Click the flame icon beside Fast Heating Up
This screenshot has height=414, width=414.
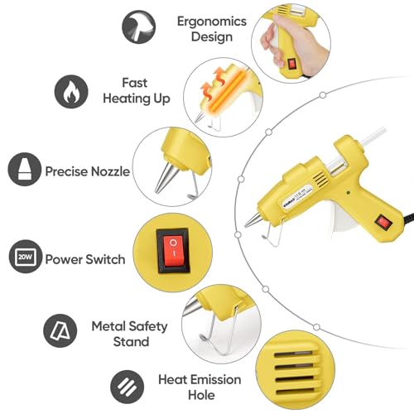click(x=71, y=91)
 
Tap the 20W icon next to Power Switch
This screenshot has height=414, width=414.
click(x=26, y=257)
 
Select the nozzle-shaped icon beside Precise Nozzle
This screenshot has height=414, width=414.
click(x=25, y=169)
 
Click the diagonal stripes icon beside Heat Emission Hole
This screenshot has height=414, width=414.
click(x=127, y=387)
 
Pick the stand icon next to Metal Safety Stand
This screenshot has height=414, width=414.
click(x=60, y=330)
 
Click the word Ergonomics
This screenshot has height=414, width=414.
click(x=212, y=22)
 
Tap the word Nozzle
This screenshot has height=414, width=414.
click(x=110, y=171)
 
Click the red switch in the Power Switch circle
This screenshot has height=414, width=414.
click(x=173, y=251)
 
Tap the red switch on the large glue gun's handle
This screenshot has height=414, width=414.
click(x=383, y=221)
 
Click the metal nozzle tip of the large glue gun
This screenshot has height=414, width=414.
click(x=253, y=221)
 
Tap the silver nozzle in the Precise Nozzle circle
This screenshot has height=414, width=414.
click(x=165, y=177)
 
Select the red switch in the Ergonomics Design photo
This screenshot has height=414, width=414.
click(x=291, y=65)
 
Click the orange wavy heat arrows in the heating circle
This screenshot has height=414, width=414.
click(x=213, y=83)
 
